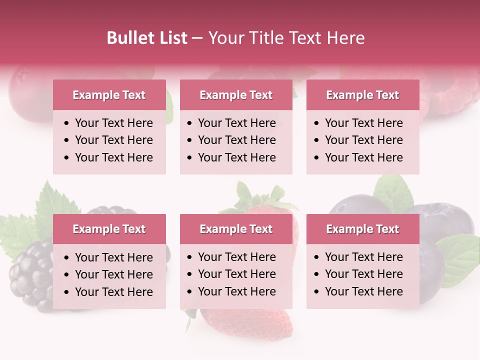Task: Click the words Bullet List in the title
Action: click(x=146, y=37)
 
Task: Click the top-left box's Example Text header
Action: click(x=109, y=95)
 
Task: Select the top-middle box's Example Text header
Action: click(x=236, y=95)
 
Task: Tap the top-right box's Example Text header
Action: click(x=362, y=95)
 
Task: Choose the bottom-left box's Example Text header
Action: click(x=109, y=229)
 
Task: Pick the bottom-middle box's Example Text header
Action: click(x=236, y=229)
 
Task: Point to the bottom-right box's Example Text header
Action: click(x=362, y=229)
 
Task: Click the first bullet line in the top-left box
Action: click(x=113, y=123)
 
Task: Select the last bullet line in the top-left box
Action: click(x=113, y=157)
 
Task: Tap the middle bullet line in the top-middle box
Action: click(x=236, y=140)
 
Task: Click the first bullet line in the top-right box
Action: click(x=363, y=123)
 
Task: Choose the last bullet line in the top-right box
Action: click(x=363, y=157)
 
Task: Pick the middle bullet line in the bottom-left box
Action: click(x=113, y=274)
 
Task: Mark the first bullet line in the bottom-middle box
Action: click(x=236, y=257)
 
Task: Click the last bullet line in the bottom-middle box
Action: click(x=236, y=291)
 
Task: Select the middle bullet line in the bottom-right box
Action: click(x=363, y=274)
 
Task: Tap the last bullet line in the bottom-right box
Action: click(x=363, y=291)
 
